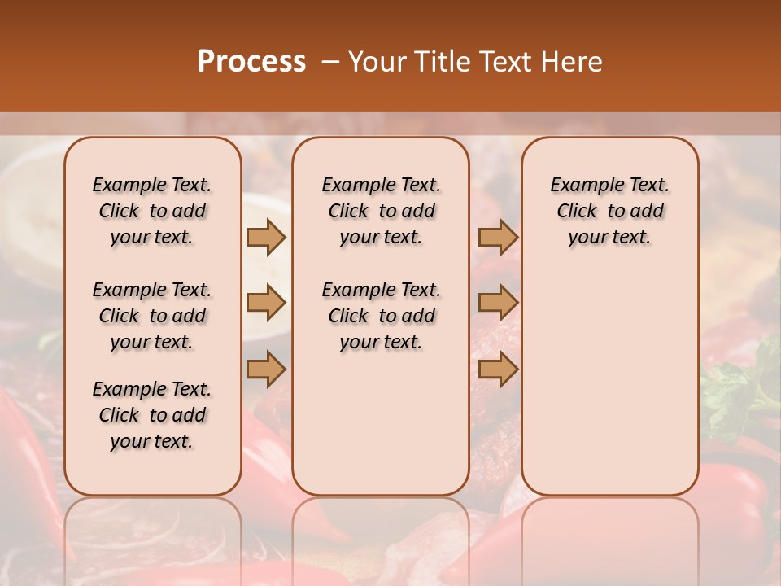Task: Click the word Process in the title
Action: coord(251,62)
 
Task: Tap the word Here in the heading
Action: coord(569,62)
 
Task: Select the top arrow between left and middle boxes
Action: coord(266,237)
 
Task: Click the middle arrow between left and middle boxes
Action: coord(266,304)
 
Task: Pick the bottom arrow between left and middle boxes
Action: coord(266,370)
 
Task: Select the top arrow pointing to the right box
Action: coord(498,237)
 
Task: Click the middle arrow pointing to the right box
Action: coord(498,304)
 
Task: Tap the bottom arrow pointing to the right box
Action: coord(498,370)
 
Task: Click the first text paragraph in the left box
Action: coord(152,211)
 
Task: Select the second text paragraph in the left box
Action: coord(152,316)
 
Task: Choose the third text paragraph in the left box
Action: coord(152,415)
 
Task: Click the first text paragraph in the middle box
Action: coord(381,211)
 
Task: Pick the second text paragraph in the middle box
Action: coord(381,316)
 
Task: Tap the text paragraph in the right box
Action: coord(610,211)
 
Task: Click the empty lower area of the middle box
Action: coord(381,423)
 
